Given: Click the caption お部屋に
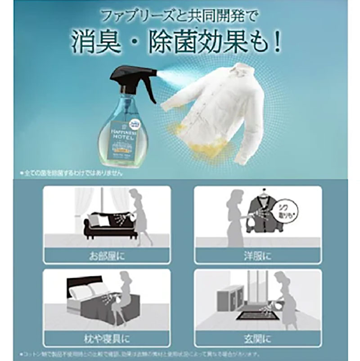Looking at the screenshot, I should (x=107, y=257).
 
